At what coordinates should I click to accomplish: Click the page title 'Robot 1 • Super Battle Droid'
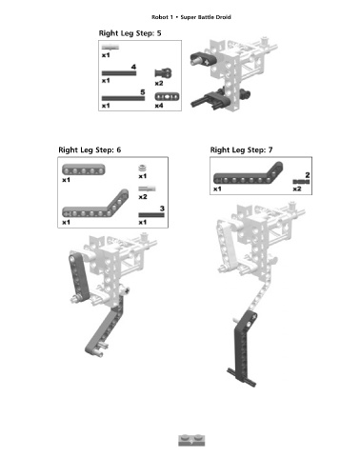coord(191,17)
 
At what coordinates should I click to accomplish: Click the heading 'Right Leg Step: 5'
coord(130,33)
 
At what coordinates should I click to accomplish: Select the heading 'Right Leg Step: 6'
coord(90,149)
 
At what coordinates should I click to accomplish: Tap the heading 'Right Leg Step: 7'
coord(241,149)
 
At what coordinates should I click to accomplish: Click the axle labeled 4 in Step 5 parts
coord(119,73)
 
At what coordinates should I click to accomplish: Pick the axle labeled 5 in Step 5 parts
coord(123,98)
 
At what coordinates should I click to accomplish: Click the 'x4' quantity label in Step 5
coord(159,106)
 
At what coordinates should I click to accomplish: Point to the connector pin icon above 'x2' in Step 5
coord(163,73)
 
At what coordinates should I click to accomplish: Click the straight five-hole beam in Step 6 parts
coord(84,169)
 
